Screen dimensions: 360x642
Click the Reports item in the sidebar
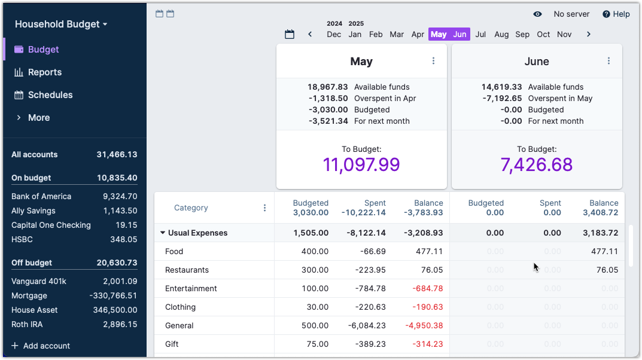tap(45, 72)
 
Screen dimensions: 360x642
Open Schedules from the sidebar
tap(50, 95)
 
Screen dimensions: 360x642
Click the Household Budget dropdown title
tap(61, 25)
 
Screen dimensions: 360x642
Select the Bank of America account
tap(41, 196)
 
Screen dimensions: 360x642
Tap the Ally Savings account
tap(34, 210)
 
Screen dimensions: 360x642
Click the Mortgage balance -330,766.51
tap(113, 295)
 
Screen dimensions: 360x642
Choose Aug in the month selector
tap(501, 35)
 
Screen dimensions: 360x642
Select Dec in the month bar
tap(334, 35)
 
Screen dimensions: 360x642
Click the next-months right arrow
tap(589, 35)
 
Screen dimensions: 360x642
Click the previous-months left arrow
tap(310, 35)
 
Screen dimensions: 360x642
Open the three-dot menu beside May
tap(434, 61)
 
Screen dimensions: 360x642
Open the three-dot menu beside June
tap(608, 61)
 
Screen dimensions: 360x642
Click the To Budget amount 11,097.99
tap(361, 165)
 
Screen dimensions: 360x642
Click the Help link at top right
tap(616, 14)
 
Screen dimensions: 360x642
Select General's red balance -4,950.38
tap(424, 326)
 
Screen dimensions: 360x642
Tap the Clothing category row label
tap(181, 307)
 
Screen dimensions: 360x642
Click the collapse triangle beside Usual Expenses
tap(163, 233)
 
